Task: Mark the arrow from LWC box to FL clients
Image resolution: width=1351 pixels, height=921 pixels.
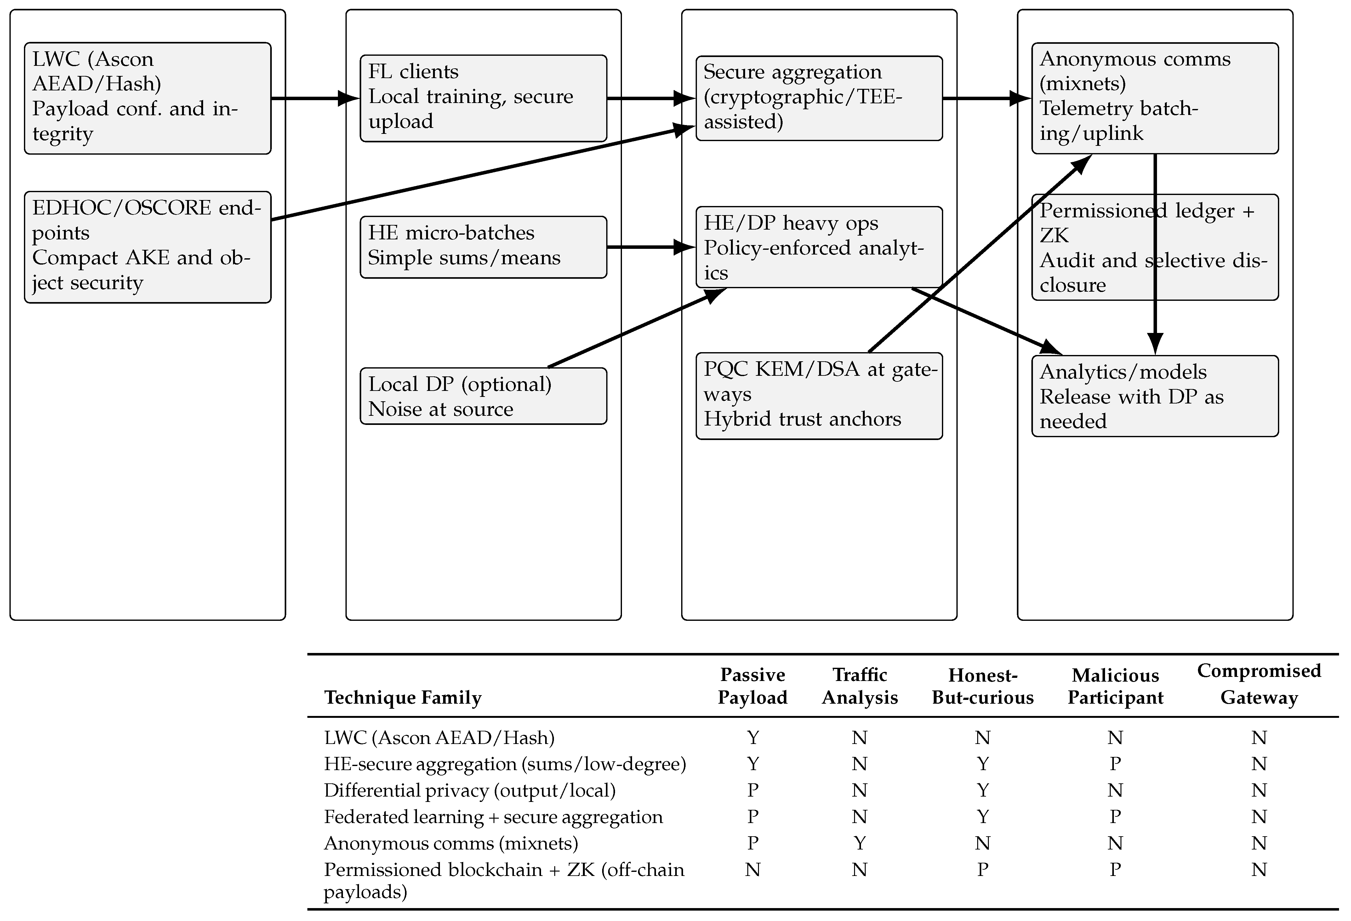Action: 314,98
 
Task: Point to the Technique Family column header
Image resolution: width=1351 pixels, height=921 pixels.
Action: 403,697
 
